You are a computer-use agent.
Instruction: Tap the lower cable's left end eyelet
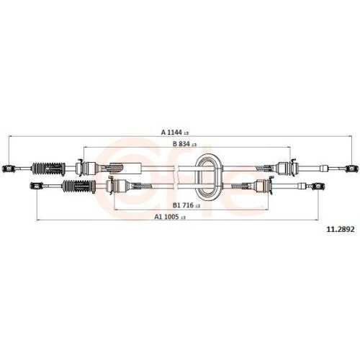tap(34, 186)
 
